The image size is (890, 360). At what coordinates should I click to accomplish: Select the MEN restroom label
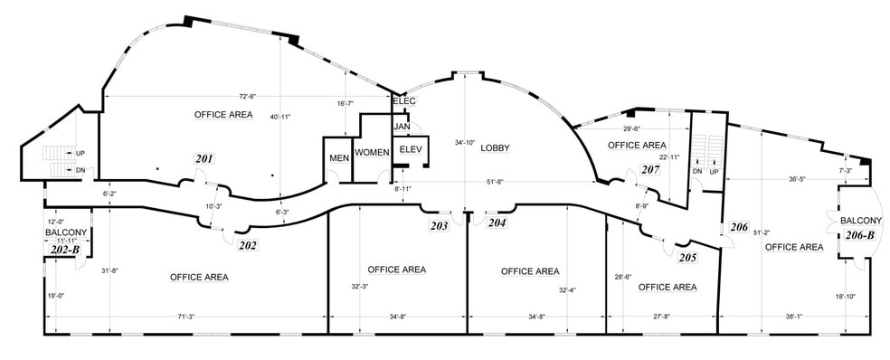click(x=339, y=158)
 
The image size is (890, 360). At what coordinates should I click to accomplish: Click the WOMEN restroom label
click(x=371, y=151)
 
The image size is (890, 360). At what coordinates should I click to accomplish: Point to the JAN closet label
click(x=402, y=126)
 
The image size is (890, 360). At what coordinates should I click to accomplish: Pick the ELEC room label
click(x=403, y=100)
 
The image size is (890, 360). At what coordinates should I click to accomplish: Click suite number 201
click(x=204, y=159)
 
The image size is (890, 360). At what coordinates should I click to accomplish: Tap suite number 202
click(x=248, y=245)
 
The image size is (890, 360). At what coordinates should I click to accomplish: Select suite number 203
click(x=440, y=225)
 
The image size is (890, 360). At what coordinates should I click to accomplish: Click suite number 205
click(x=686, y=257)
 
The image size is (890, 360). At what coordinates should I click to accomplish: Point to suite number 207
click(x=649, y=169)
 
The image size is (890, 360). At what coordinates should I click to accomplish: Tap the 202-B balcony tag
click(x=64, y=250)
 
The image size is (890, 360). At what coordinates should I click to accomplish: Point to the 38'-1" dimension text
click(x=793, y=317)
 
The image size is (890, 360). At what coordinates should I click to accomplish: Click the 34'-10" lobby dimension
click(x=465, y=142)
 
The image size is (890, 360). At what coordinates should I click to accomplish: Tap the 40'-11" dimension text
click(x=282, y=117)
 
